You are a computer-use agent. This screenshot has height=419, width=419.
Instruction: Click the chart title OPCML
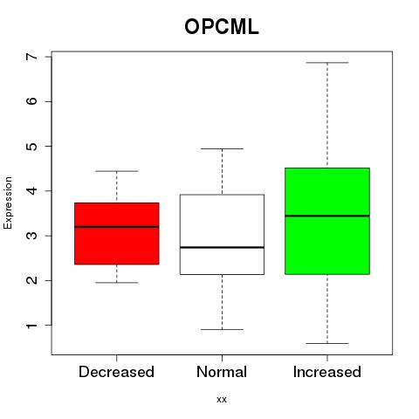(x=222, y=27)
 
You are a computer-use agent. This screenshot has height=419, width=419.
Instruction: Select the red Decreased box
(x=117, y=233)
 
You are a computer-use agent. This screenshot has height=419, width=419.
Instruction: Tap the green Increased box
(x=327, y=221)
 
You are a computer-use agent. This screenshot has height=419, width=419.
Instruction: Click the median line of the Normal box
(x=222, y=247)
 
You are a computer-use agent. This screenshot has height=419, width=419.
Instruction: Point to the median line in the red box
(x=117, y=227)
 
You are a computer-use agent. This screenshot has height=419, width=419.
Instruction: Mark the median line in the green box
(x=327, y=216)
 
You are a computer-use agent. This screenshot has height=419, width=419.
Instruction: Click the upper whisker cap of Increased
(x=327, y=63)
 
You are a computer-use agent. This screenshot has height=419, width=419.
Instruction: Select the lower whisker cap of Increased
(x=327, y=343)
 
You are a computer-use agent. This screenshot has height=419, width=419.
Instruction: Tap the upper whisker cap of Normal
(x=222, y=148)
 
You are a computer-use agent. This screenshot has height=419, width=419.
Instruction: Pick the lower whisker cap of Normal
(x=222, y=329)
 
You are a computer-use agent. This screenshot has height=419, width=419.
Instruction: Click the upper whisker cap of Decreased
(x=117, y=171)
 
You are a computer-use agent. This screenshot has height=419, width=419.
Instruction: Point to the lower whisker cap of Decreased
(x=117, y=282)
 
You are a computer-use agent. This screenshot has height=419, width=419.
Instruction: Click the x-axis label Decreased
(x=116, y=372)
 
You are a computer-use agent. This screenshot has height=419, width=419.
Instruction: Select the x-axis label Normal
(x=222, y=372)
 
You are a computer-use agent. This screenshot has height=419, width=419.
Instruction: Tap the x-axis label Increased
(x=327, y=372)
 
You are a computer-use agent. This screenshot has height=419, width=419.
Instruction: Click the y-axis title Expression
(x=8, y=203)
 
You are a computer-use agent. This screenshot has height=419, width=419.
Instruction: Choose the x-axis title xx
(x=222, y=400)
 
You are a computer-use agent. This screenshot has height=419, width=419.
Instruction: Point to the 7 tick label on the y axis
(x=32, y=57)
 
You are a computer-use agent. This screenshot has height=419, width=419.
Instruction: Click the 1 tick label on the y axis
(x=32, y=325)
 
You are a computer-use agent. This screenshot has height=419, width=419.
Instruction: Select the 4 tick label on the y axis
(x=32, y=191)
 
